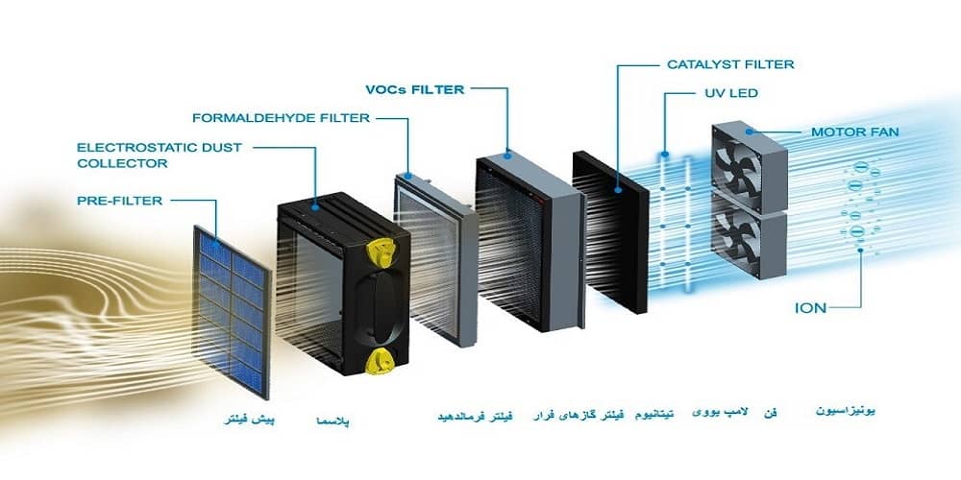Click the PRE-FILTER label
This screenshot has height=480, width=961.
pyautogui.click(x=119, y=201)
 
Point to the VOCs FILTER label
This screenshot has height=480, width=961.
pyautogui.click(x=415, y=89)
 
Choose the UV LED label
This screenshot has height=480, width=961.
pyautogui.click(x=726, y=94)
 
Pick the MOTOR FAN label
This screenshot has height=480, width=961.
pyautogui.click(x=855, y=132)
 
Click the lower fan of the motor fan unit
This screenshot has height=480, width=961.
pyautogui.click(x=747, y=238)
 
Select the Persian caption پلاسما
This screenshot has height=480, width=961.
pyautogui.click(x=334, y=421)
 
